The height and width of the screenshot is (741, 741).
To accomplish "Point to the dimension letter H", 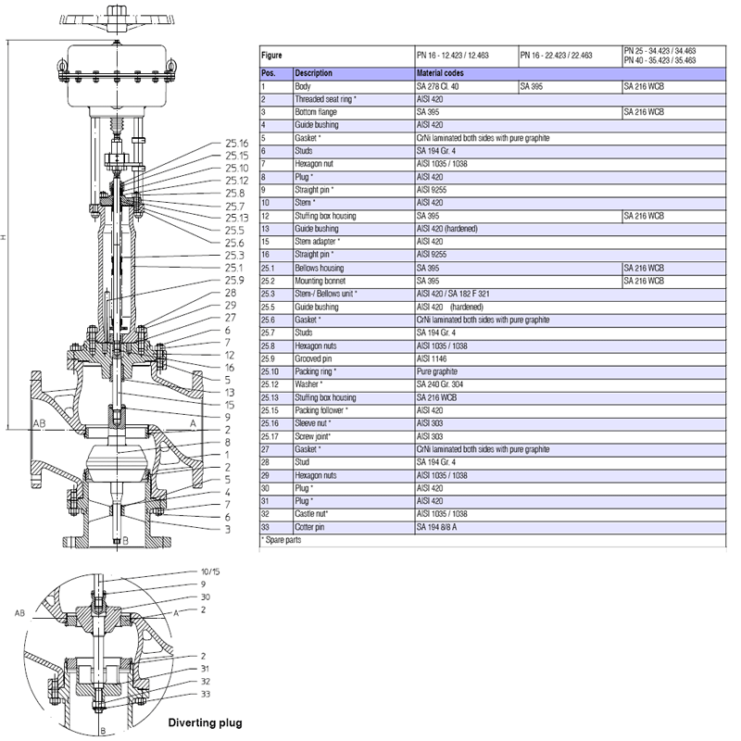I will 5,237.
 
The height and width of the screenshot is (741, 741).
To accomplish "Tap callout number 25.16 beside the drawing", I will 237,144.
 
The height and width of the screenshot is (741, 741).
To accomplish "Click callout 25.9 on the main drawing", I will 233,280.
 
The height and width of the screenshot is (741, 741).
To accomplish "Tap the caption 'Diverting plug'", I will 205,722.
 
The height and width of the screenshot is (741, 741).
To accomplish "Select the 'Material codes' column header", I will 440,72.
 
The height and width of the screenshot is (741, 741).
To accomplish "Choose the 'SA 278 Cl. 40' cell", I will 439,85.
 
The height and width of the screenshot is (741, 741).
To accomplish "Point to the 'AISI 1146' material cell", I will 433,358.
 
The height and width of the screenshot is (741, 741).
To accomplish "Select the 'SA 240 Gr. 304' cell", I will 444,383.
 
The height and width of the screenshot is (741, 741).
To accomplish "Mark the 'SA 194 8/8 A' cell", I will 441,526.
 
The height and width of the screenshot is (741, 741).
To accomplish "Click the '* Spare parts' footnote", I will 278,538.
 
